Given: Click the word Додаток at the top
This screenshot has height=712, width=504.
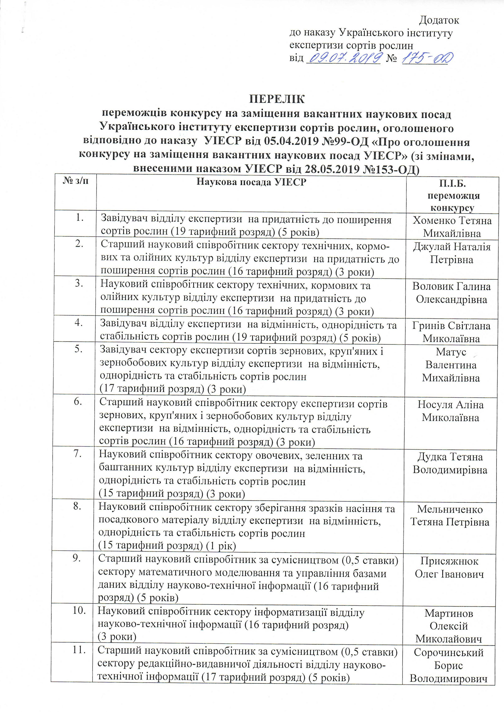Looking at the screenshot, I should click(x=439, y=20).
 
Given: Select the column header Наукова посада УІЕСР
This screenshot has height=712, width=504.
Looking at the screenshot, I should click(x=252, y=182).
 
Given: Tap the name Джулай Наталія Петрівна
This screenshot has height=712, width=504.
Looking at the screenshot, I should click(x=452, y=253).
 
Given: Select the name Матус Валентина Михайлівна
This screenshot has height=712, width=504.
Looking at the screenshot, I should click(x=451, y=365).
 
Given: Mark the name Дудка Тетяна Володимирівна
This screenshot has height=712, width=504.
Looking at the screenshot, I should click(x=450, y=463).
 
